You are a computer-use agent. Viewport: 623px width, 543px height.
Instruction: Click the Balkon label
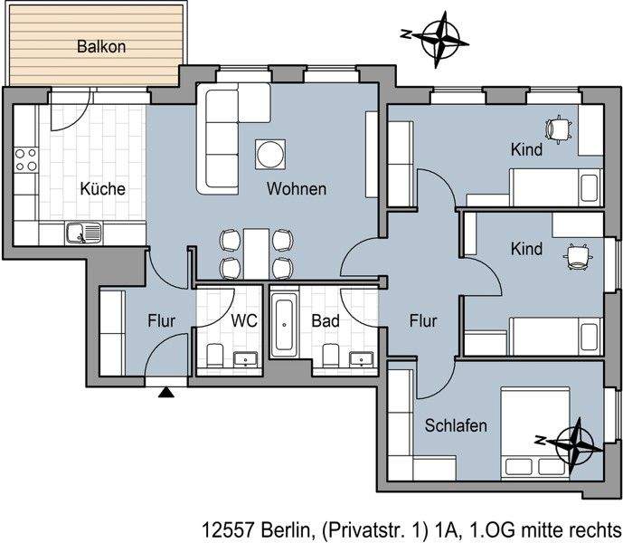coord(97,44)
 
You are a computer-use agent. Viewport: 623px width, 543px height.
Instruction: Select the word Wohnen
coord(296,189)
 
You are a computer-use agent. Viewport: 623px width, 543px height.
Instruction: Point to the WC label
coord(244,320)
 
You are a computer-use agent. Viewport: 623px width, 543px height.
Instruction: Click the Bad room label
coord(325,320)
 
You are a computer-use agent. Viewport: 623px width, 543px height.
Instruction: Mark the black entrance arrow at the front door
coord(165,392)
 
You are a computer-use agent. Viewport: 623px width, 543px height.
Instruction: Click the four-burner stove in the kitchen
coord(26,160)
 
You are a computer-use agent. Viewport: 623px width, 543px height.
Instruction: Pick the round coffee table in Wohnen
coord(270,154)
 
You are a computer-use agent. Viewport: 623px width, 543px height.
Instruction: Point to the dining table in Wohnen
coord(258,253)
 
